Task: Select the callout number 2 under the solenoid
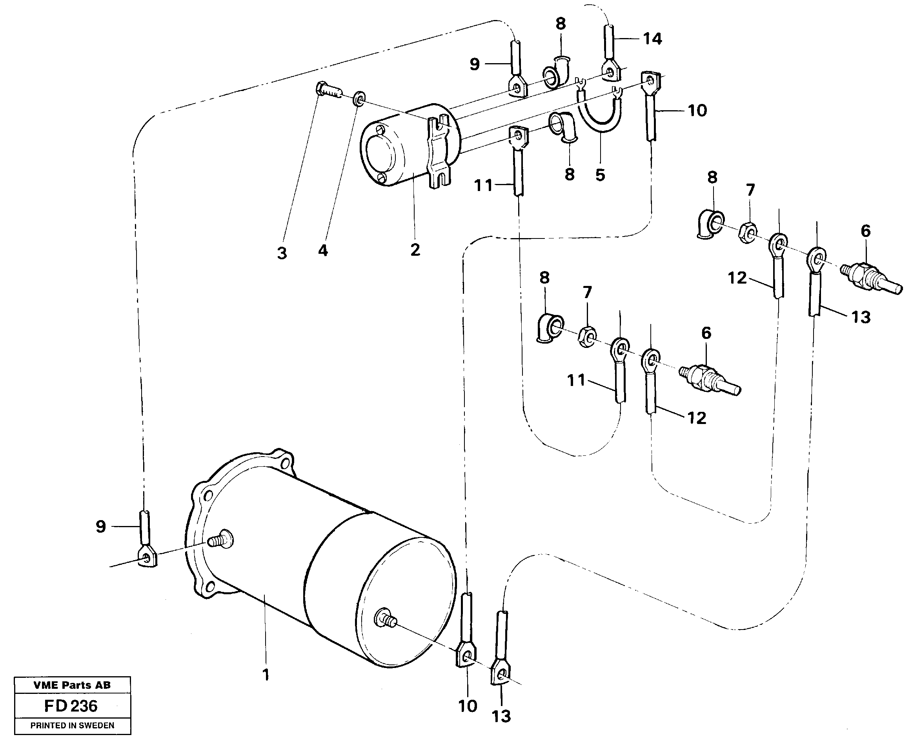pos(415,250)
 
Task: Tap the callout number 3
pos(282,253)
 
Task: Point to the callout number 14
pos(652,39)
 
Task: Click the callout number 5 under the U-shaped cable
pos(600,175)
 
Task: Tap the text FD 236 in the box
pos(71,706)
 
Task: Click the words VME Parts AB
pos(72,685)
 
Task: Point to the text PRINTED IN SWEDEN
pos(72,726)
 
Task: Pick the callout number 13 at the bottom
pos(501,716)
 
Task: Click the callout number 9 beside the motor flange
pos(100,526)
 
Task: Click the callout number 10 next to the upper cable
pos(697,111)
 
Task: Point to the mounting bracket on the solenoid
pos(439,154)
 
